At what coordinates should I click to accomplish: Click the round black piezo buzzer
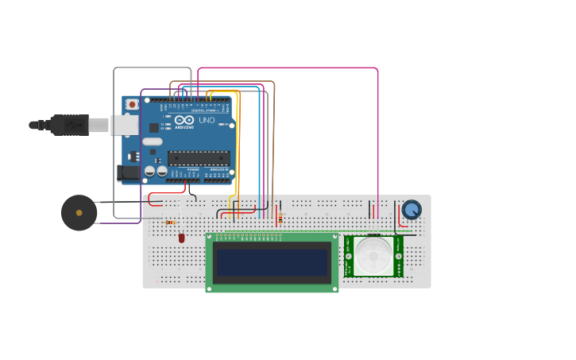click(x=79, y=213)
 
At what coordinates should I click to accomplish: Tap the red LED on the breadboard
click(x=181, y=238)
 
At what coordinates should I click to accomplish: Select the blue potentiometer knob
click(x=412, y=210)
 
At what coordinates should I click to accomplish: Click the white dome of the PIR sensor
click(x=373, y=255)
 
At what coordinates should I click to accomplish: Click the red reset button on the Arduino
click(x=132, y=104)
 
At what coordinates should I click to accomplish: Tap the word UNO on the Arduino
click(x=207, y=120)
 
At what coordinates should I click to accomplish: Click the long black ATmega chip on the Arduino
click(x=199, y=157)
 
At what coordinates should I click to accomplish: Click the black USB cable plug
click(x=70, y=125)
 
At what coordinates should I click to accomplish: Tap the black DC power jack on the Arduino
click(x=128, y=172)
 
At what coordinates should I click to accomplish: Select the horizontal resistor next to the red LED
click(x=170, y=223)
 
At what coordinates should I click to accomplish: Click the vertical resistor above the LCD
click(x=280, y=217)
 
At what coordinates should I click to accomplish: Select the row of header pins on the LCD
click(x=249, y=236)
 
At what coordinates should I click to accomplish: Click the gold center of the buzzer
click(x=79, y=213)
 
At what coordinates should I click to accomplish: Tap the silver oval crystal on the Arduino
click(x=153, y=141)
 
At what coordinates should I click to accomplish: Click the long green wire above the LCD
click(x=318, y=231)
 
